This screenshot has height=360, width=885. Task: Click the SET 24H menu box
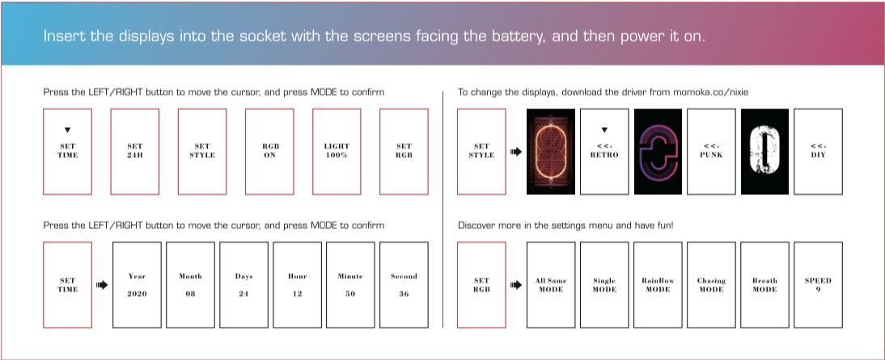[x=135, y=151]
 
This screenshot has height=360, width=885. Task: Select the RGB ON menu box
[x=269, y=151]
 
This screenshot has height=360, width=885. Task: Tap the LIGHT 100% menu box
[x=337, y=151]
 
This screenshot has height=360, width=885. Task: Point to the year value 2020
[x=137, y=294]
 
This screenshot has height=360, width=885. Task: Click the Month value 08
[x=190, y=294]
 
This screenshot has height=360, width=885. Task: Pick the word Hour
[x=297, y=276]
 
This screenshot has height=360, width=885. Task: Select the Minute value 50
[x=350, y=294]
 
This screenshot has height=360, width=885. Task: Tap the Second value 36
[x=404, y=294]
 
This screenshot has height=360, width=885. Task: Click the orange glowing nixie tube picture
[x=550, y=151]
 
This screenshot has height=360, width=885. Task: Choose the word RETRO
[x=604, y=155]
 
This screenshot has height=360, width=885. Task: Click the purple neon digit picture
[x=658, y=151]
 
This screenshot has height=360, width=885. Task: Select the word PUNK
[x=711, y=155]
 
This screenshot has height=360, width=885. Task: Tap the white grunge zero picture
[x=764, y=151]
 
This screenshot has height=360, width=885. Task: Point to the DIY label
[x=818, y=155]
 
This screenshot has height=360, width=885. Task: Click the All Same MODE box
[x=551, y=285]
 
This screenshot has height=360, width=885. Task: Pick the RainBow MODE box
[x=658, y=285]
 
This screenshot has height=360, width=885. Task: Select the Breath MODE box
[x=764, y=285]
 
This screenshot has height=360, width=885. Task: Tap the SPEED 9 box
[x=818, y=285]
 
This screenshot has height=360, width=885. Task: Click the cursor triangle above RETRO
[x=604, y=129]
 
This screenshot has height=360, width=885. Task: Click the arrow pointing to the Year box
[x=102, y=285]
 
